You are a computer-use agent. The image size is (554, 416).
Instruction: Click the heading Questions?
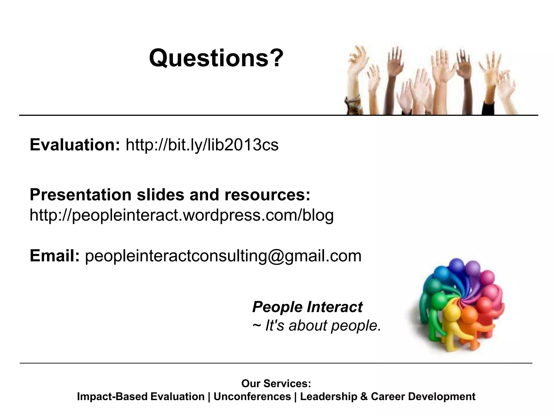coord(216,58)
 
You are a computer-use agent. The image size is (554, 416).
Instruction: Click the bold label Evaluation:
coord(75,145)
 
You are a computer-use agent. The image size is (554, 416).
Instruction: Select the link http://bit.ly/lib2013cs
coord(202,145)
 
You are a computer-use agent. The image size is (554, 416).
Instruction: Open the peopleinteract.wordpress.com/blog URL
coord(182,215)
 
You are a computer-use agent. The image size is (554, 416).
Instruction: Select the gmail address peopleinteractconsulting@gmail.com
coord(223,256)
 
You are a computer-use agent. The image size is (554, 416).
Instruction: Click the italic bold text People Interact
coord(307,307)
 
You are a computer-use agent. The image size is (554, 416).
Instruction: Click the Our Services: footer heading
coord(276,383)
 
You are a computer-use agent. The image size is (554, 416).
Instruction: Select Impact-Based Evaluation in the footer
coord(141,396)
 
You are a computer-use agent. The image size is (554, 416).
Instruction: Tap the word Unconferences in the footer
coord(252,396)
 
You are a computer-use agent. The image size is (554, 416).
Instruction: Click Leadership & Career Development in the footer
coord(387,396)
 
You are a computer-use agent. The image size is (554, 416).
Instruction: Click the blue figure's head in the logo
coord(457,266)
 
